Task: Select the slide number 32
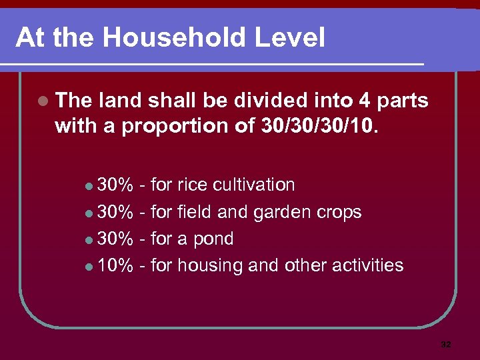446,345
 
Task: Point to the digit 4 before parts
364,101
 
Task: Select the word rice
192,185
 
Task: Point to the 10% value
115,265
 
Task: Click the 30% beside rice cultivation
115,185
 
